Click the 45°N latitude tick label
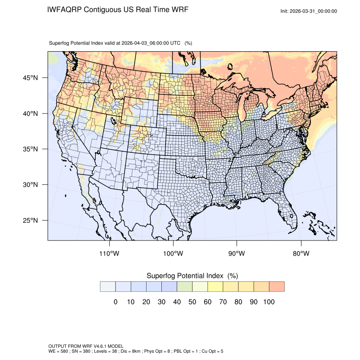pyautogui.click(x=30, y=78)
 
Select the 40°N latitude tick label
pyautogui.click(x=30, y=114)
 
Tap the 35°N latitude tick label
pyautogui.click(x=30, y=149)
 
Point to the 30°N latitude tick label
pyautogui.click(x=30, y=185)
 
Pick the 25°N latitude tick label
pyautogui.click(x=30, y=220)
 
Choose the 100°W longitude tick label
pyautogui.click(x=173, y=254)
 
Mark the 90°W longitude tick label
pyautogui.click(x=237, y=254)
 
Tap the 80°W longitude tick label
pyautogui.click(x=301, y=254)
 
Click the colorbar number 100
pyautogui.click(x=269, y=302)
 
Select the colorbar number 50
pyautogui.click(x=192, y=302)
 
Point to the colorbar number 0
pyautogui.click(x=116, y=302)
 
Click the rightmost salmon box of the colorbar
pyautogui.click(x=277, y=286)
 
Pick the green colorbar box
pyautogui.click(x=185, y=286)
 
